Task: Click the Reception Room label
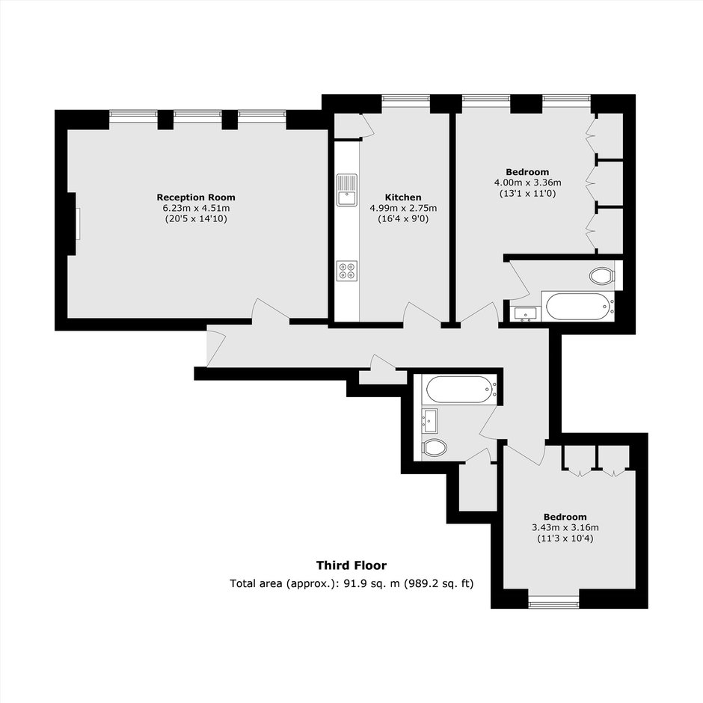[x=196, y=197]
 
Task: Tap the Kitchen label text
[x=403, y=197]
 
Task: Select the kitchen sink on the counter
[x=346, y=190]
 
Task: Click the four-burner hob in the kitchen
[x=347, y=271]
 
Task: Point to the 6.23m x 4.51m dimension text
[x=196, y=208]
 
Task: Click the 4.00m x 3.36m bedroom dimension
[x=528, y=182]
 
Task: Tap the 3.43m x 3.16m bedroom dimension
[x=565, y=527]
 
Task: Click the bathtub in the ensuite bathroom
[x=577, y=306]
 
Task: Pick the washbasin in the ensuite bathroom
[x=525, y=314]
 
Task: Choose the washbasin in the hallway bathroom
[x=430, y=421]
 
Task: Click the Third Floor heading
[x=351, y=565]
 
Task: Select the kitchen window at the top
[x=406, y=98]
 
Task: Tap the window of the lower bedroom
[x=553, y=605]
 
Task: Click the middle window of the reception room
[x=197, y=114]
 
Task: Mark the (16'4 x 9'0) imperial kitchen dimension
[x=403, y=219]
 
